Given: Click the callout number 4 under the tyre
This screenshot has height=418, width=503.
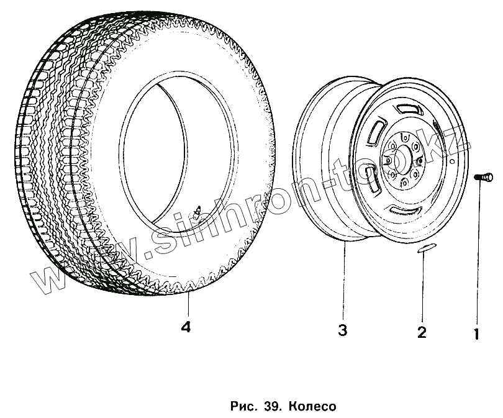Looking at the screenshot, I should pyautogui.click(x=185, y=327).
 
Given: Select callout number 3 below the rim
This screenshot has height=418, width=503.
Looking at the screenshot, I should pyautogui.click(x=342, y=330).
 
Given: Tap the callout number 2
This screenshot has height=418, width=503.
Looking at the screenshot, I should pyautogui.click(x=422, y=332).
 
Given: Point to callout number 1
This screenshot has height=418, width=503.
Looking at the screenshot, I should pyautogui.click(x=476, y=334).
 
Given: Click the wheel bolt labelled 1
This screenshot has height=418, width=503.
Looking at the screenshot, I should pyautogui.click(x=485, y=178).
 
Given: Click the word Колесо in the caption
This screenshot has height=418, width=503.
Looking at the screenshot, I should pyautogui.click(x=311, y=407).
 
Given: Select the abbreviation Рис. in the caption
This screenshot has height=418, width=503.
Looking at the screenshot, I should pyautogui.click(x=242, y=407).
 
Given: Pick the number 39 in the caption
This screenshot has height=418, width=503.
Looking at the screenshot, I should pyautogui.click(x=271, y=407).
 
